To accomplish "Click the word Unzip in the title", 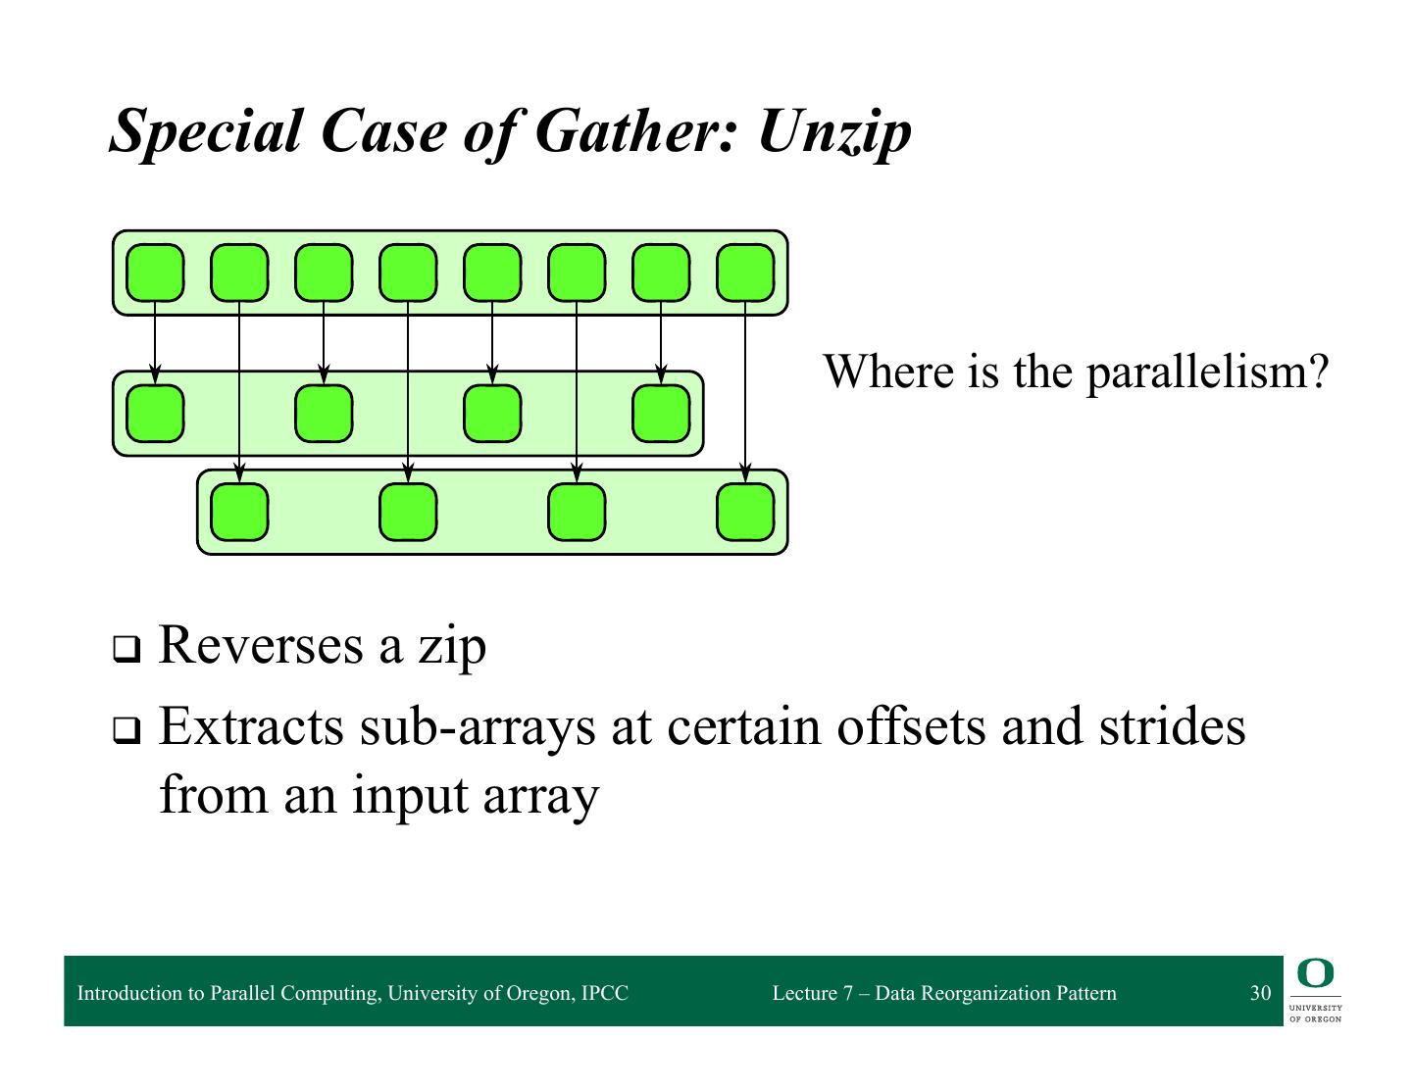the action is pos(834,130).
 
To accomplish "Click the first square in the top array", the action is pos(155,273).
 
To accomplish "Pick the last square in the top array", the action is pos(745,273).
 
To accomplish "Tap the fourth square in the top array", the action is pos(408,273).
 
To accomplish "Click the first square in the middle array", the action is pos(155,414).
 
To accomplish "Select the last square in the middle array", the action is pos(661,414).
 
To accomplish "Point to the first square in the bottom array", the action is pos(239,513).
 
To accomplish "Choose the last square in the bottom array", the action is pos(745,513).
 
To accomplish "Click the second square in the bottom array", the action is pos(408,513).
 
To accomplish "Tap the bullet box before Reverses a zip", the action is pos(126,650).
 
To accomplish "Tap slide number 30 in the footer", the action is pos(1260,993).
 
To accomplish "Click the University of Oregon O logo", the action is pos(1315,975).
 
